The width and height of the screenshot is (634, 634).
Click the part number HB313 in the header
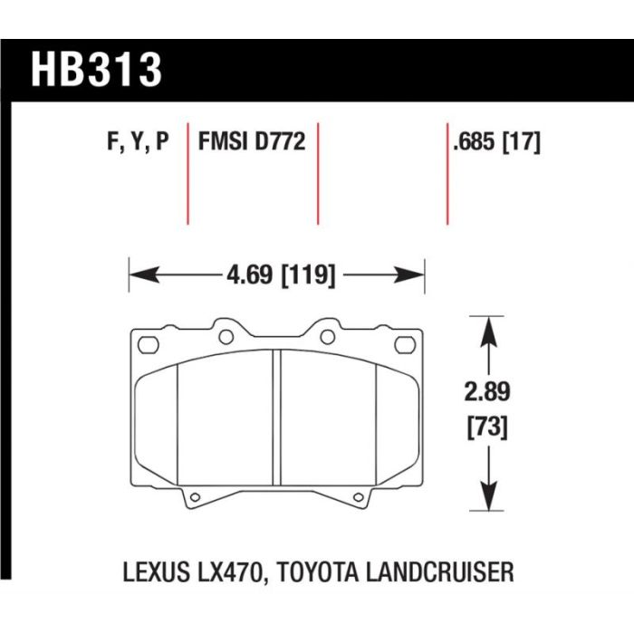(x=96, y=69)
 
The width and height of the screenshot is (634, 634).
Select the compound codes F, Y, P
(x=138, y=142)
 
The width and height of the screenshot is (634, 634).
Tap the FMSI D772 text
(x=252, y=141)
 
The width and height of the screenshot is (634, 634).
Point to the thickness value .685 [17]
(x=497, y=142)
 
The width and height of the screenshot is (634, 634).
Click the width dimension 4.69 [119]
(x=281, y=275)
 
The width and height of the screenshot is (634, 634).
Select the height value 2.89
(x=487, y=392)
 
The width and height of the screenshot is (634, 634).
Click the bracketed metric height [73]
(x=487, y=427)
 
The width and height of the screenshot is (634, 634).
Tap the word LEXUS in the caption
(x=156, y=572)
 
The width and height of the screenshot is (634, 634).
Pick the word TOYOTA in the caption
(x=318, y=572)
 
